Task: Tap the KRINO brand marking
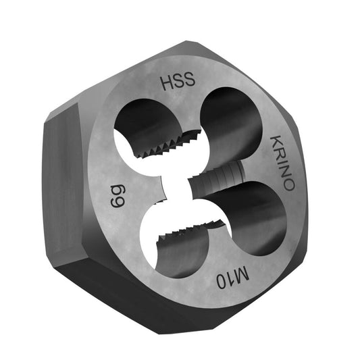point(282,163)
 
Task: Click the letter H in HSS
point(166,84)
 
